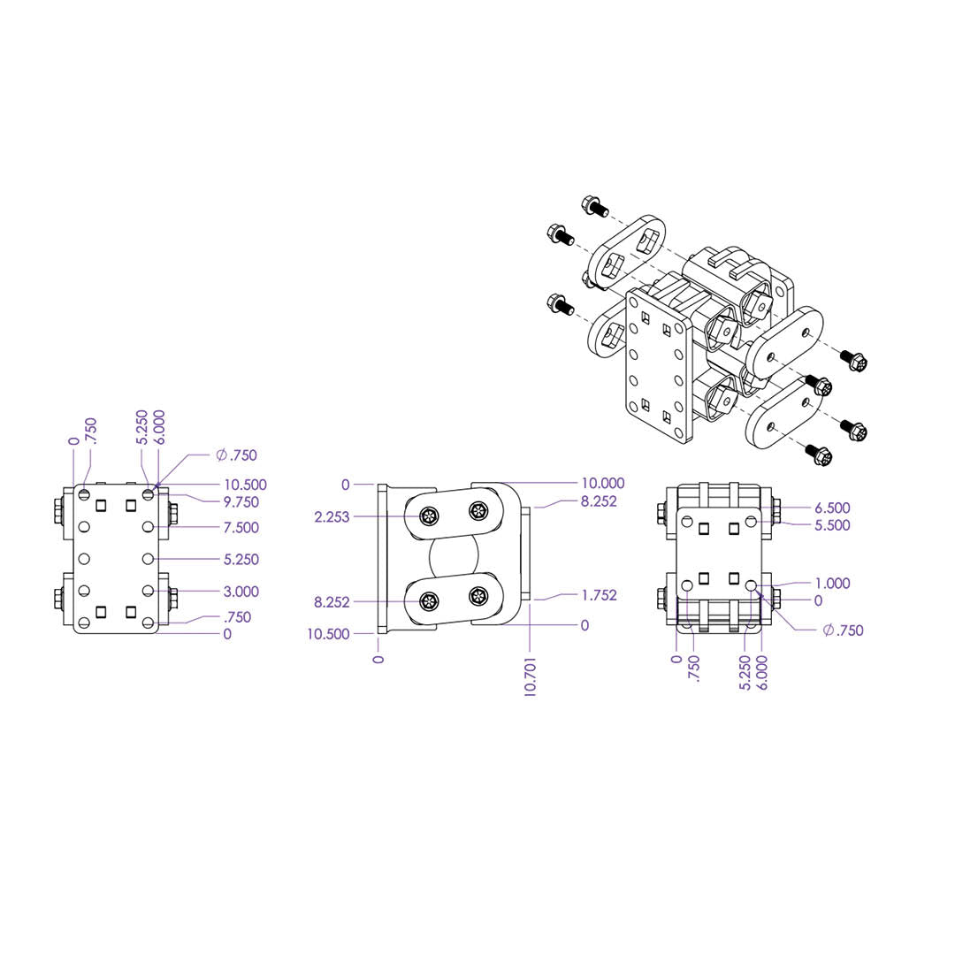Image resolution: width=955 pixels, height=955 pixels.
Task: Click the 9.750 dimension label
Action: [241, 502]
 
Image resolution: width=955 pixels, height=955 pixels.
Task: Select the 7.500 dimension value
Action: [241, 527]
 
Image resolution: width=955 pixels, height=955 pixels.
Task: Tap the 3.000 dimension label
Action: [241, 592]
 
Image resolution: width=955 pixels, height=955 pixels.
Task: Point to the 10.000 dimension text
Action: [603, 483]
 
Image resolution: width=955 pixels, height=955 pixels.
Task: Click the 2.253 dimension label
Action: [332, 517]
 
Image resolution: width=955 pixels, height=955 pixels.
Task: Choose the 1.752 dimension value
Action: [600, 595]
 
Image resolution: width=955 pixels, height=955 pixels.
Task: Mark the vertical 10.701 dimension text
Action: [530, 676]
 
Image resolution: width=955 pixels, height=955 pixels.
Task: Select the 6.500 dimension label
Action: [833, 508]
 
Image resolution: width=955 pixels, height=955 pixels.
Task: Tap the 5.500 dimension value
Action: [833, 525]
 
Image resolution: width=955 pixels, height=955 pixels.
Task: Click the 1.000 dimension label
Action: [833, 584]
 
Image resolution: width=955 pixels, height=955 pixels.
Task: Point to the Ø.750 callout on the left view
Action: [236, 455]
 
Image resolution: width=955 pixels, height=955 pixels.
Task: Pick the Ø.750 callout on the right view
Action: [843, 630]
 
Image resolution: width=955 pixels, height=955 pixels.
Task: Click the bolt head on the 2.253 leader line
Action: [429, 517]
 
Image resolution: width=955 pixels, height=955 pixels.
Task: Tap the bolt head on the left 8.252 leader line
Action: [429, 602]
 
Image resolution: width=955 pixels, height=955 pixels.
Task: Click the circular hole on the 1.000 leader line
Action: [752, 585]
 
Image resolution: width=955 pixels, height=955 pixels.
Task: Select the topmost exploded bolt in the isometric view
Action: [595, 206]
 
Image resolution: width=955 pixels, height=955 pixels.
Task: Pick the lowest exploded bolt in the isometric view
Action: [818, 454]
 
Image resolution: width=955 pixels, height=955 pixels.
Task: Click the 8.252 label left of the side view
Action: [332, 602]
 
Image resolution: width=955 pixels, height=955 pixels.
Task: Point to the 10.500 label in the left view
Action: [246, 485]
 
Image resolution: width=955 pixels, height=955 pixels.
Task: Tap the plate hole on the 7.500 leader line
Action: [148, 527]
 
